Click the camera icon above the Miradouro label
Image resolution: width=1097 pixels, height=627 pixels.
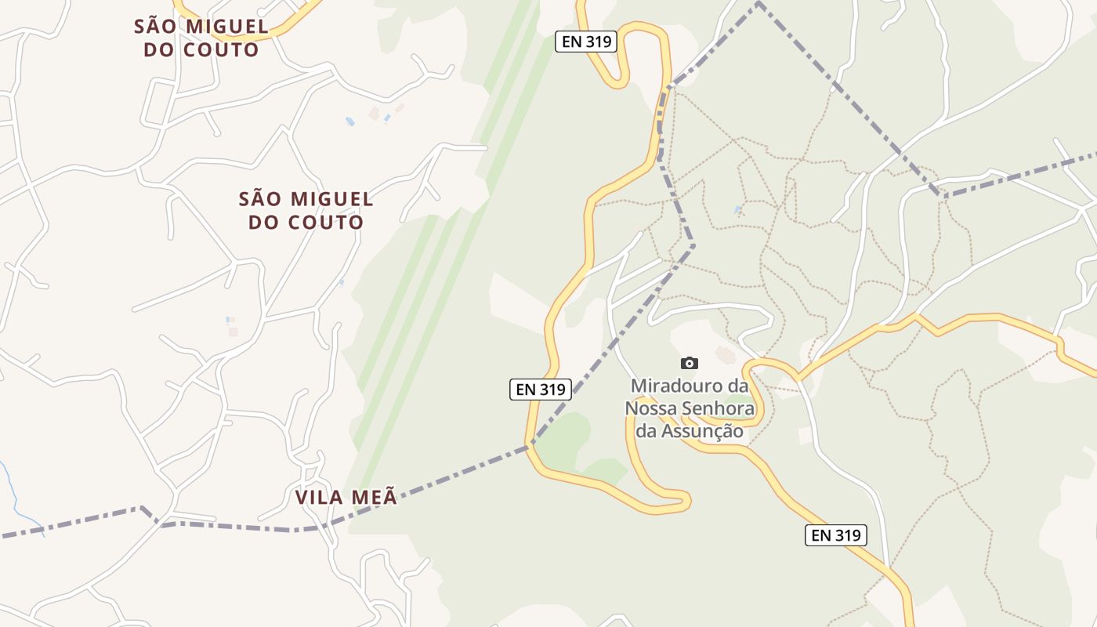[689, 363]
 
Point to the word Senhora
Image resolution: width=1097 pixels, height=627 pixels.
[717, 408]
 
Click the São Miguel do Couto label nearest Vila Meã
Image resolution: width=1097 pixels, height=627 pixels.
[306, 210]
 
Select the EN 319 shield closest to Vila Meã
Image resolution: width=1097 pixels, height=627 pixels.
[541, 389]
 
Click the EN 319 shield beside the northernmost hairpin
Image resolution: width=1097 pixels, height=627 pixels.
[586, 42]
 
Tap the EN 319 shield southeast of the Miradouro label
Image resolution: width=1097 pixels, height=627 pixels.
[836, 535]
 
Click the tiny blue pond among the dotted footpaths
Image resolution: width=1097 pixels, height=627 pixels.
[737, 210]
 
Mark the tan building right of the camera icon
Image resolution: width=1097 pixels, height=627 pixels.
[726, 355]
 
